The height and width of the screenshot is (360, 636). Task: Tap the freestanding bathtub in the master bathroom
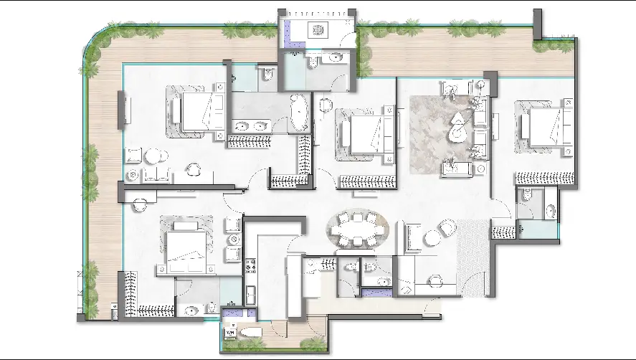[x=298, y=113]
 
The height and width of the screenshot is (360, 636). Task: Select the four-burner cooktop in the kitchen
[x=250, y=268]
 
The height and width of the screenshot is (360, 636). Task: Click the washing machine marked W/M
[x=231, y=333]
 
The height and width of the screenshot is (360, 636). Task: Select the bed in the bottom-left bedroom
[x=186, y=247]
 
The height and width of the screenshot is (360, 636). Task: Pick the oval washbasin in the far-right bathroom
[x=550, y=211]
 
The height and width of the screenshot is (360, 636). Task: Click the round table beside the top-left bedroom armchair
[x=152, y=156]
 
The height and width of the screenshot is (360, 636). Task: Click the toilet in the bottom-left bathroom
[x=212, y=308]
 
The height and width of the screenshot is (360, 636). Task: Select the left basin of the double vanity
[x=241, y=128]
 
